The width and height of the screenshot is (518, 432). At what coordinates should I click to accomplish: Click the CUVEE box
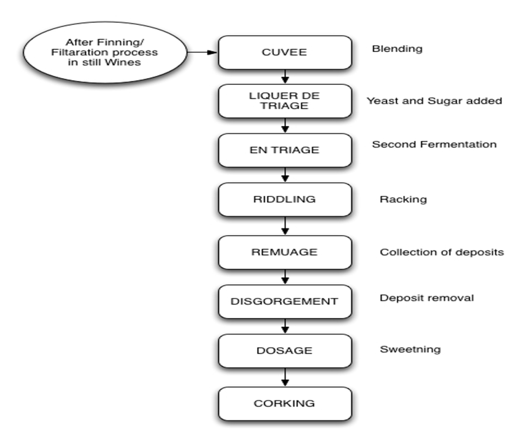(x=284, y=52)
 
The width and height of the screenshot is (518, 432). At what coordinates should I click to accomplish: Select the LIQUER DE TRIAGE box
(x=284, y=101)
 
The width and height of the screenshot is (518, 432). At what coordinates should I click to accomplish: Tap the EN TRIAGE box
(x=284, y=150)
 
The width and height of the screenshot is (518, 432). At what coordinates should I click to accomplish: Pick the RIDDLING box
(x=284, y=199)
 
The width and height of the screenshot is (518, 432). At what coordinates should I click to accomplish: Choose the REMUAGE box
(x=284, y=252)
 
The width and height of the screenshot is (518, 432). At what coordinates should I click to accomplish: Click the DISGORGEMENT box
(x=284, y=301)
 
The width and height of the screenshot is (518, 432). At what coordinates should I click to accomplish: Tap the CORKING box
(x=284, y=404)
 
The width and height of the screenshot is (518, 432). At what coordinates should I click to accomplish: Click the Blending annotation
(x=397, y=49)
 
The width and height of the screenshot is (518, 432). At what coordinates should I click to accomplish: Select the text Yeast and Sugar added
(x=434, y=101)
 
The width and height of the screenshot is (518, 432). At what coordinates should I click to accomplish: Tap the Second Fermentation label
(x=434, y=144)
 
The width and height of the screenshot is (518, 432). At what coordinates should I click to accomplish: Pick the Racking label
(x=403, y=199)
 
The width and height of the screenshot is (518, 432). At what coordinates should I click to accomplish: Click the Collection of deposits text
(x=441, y=252)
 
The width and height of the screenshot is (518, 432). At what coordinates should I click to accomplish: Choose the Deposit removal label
(x=426, y=297)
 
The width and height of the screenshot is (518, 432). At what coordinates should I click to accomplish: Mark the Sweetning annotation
(x=410, y=350)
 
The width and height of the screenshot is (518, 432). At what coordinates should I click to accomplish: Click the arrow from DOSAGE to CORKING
(x=285, y=377)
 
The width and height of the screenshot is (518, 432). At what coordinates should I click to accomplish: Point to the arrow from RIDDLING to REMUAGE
(x=285, y=226)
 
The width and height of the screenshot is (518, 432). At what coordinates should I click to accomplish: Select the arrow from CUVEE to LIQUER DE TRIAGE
(x=285, y=76)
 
